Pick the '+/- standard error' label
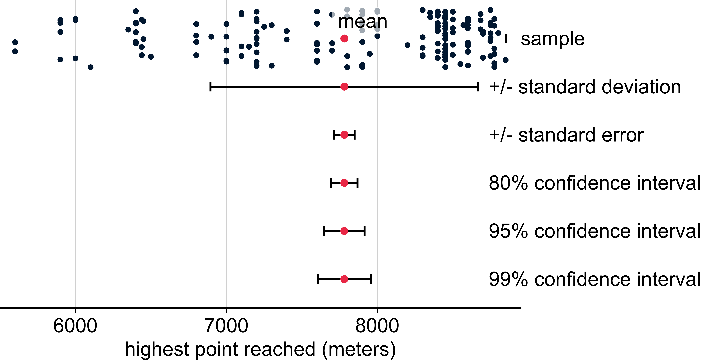pos(566,135)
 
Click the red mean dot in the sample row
pos(344,39)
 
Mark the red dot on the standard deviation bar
pos(344,87)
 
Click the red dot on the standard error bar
pos(344,135)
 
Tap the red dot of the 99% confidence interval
pos(344,279)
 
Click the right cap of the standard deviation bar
pos(478,87)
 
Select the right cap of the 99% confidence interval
pos(371,279)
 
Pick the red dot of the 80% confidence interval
pos(344,183)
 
